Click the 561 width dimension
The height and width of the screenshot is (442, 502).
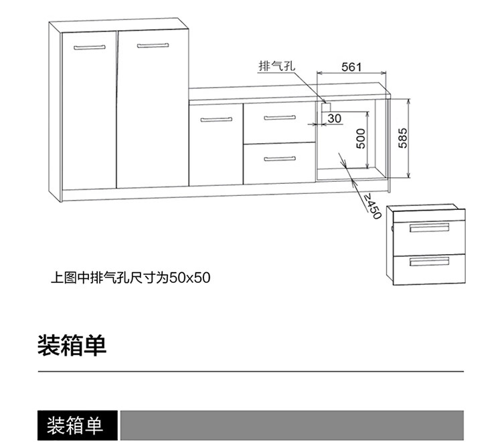[351, 66]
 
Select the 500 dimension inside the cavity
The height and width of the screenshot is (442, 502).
[361, 138]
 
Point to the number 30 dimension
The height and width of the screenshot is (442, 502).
[335, 118]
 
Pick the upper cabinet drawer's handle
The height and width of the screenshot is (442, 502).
[279, 118]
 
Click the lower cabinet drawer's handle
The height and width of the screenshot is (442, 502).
[279, 159]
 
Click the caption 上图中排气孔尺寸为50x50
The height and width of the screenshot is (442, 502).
[131, 276]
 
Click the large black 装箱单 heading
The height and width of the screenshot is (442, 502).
[72, 346]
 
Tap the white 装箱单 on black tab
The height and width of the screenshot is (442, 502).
[74, 425]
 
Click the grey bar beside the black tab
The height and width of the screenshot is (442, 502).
[291, 425]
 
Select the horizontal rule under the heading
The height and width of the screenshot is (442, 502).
[250, 371]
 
